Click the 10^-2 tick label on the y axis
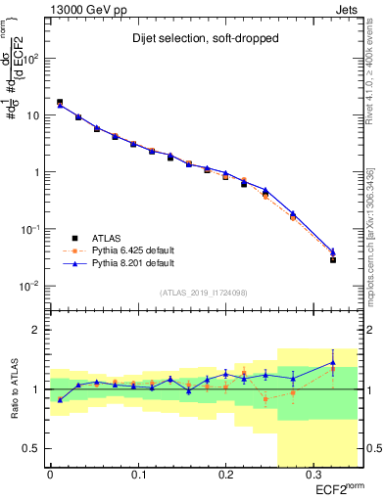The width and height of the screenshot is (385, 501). coord(32,286)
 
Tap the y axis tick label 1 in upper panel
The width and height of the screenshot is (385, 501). coord(37,172)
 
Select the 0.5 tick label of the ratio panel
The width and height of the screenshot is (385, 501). coord(32,448)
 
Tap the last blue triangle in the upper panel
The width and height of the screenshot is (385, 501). coord(333,251)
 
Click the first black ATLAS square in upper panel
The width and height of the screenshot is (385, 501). coord(60,102)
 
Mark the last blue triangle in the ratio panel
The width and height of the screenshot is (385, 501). coord(333,363)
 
